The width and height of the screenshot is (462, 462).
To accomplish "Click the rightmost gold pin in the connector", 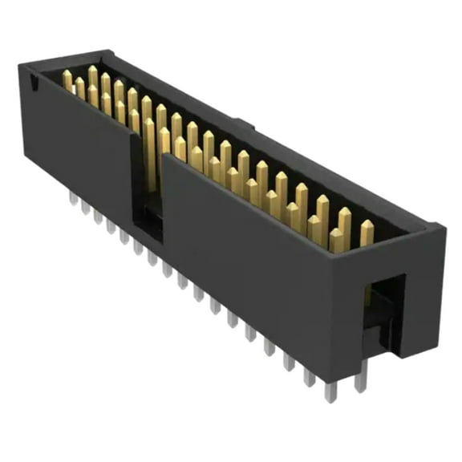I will [367, 233].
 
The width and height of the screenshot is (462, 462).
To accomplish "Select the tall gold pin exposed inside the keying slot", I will [150, 156].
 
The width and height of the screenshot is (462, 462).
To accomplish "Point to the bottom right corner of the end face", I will [434, 345].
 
